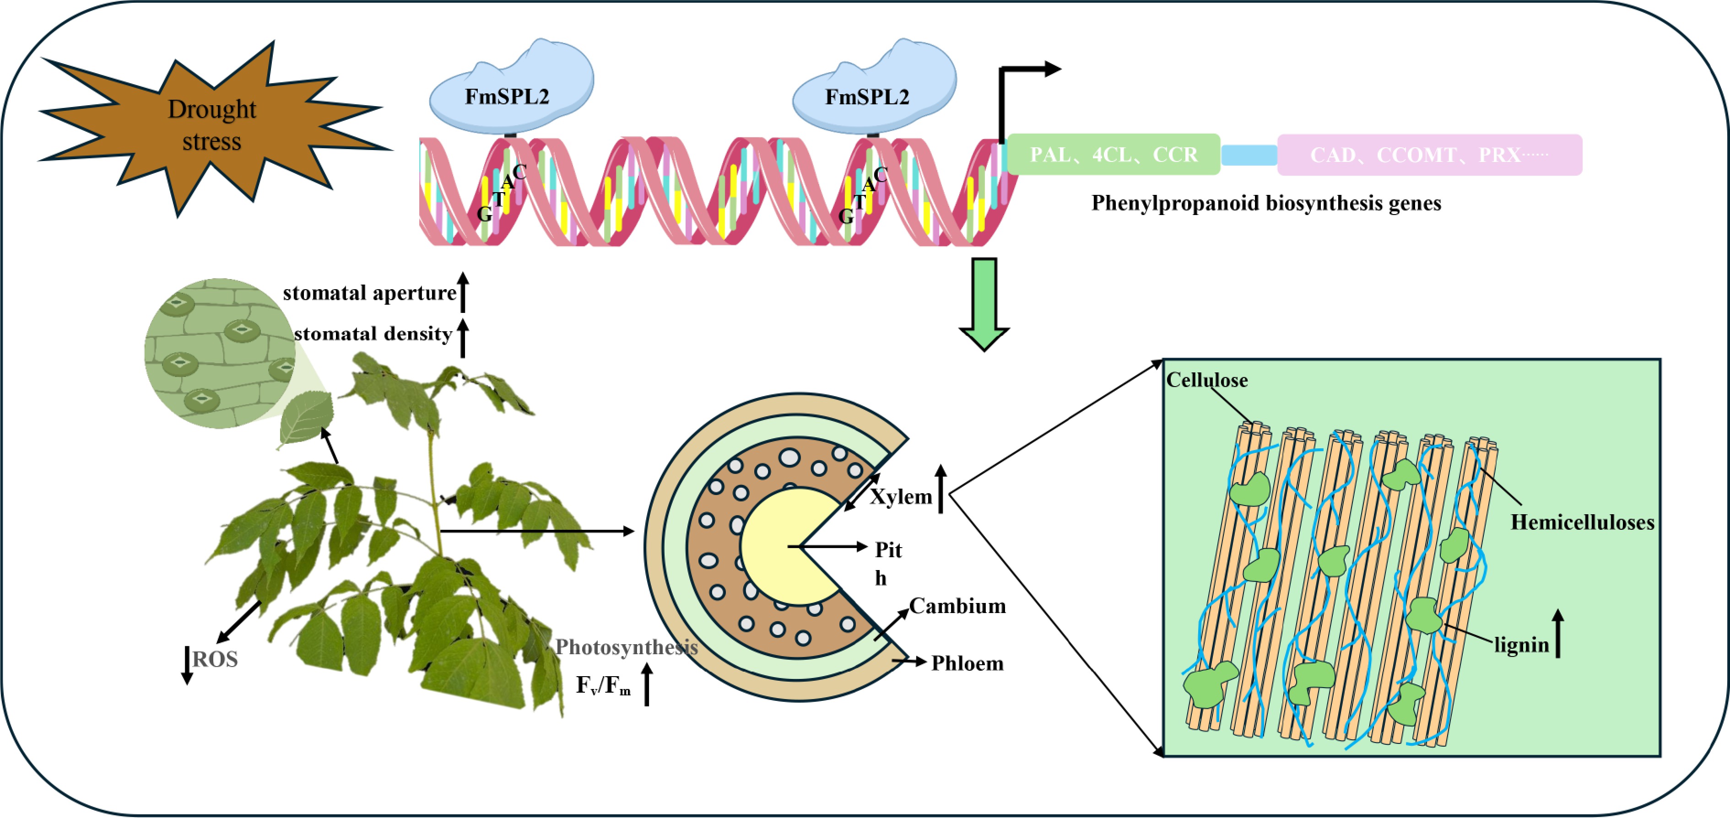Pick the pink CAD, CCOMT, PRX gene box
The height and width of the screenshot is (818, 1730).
[1429, 155]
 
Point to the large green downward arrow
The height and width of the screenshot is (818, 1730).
[984, 302]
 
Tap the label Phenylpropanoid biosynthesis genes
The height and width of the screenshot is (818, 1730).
[1266, 203]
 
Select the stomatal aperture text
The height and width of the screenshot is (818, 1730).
[369, 293]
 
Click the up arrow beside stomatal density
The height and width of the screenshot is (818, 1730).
[463, 338]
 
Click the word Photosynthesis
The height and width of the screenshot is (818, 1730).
[626, 647]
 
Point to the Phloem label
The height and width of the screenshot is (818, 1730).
[967, 663]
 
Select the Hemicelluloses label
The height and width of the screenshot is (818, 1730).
[1582, 522]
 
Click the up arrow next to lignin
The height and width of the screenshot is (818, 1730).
[1558, 633]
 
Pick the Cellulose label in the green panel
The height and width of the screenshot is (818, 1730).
[1207, 380]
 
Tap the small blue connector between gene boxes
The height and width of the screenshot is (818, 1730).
[1249, 155]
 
